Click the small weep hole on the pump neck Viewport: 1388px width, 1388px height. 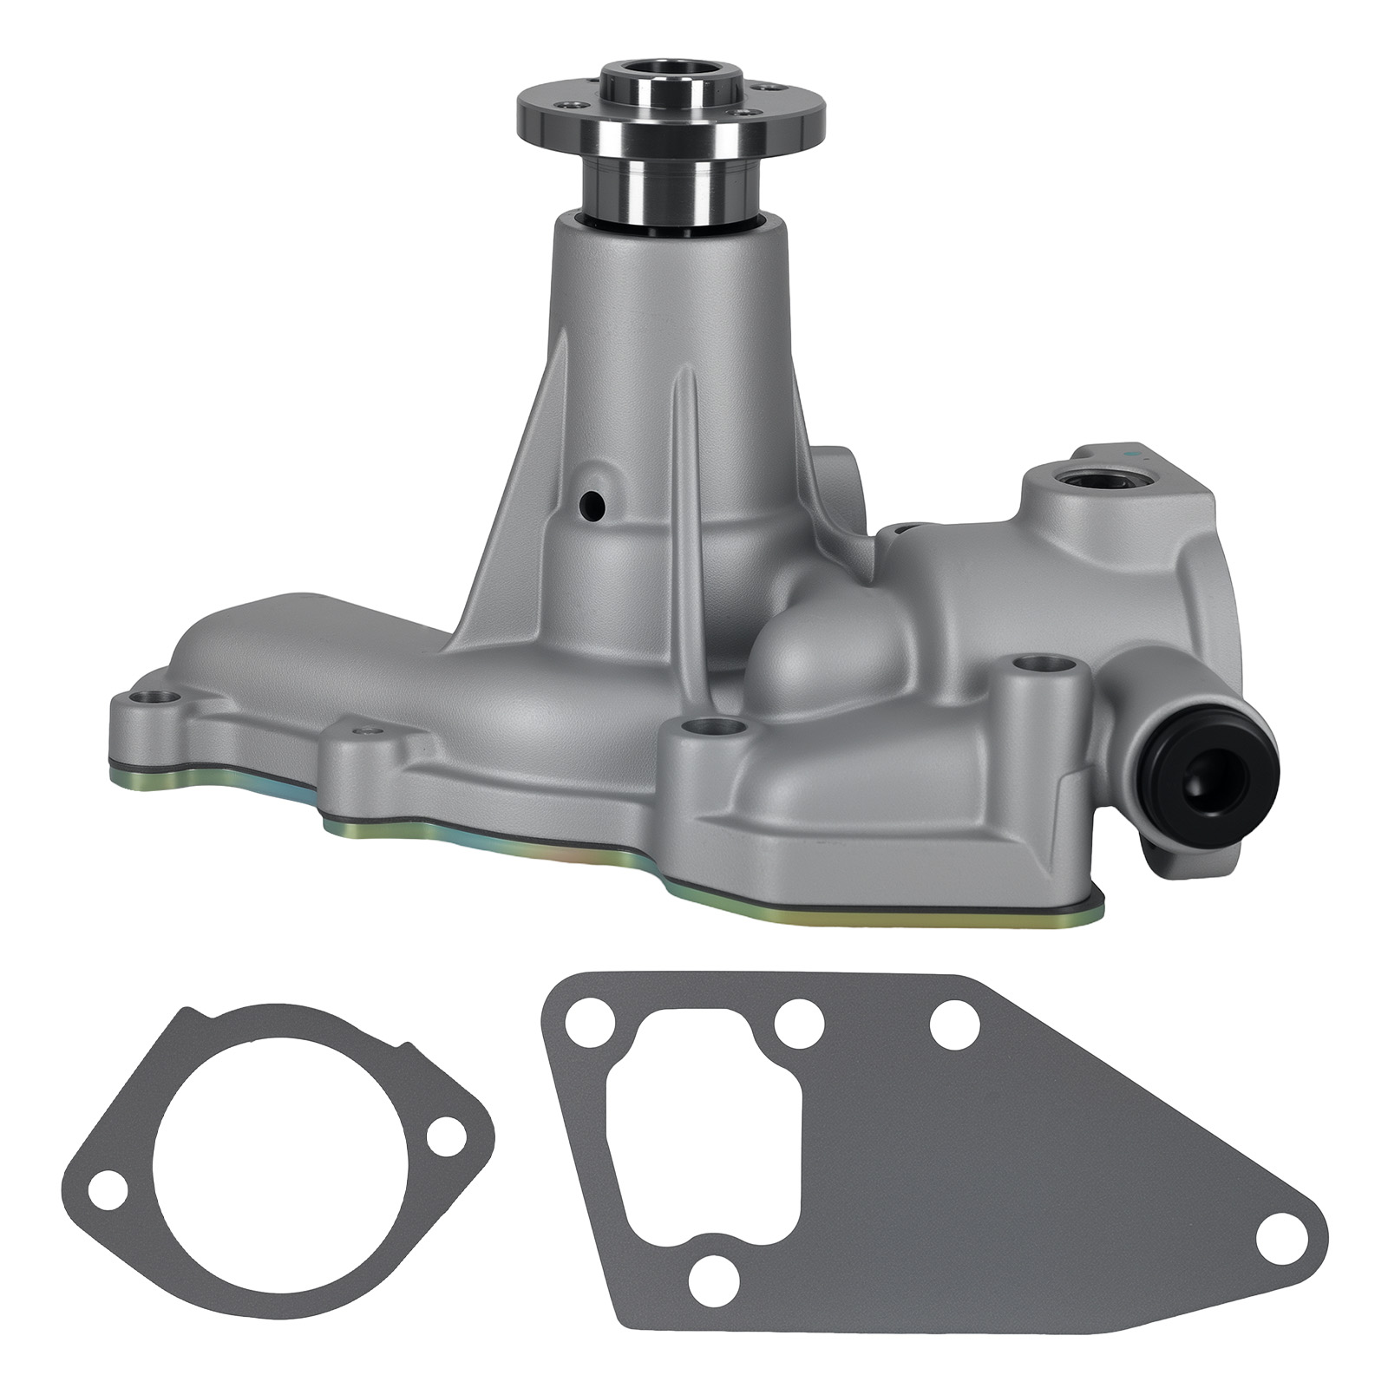(x=593, y=502)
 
